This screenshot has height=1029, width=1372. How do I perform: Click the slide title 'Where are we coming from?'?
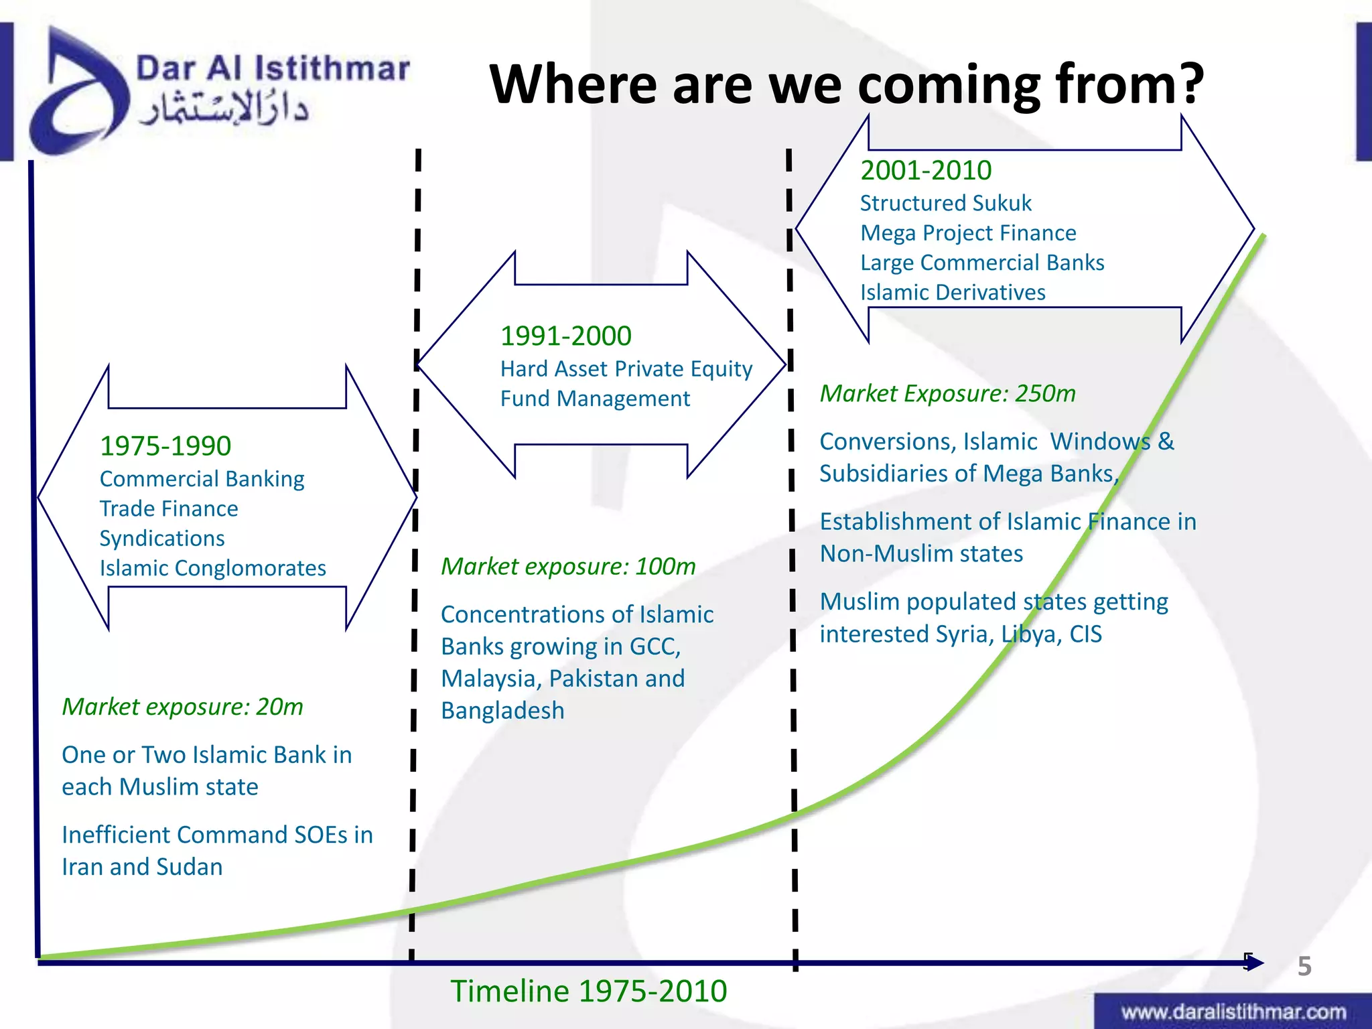tap(847, 84)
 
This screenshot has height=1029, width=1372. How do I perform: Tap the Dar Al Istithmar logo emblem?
tap(77, 94)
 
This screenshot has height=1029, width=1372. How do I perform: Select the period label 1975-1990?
tap(165, 446)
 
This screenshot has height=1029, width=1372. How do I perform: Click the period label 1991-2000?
tap(565, 336)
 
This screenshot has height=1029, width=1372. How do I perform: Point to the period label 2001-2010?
tap(926, 171)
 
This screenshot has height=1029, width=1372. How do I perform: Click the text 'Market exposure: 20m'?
tap(182, 707)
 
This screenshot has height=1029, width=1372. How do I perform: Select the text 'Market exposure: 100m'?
tap(568, 567)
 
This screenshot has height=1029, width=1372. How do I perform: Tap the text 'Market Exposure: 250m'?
tap(947, 394)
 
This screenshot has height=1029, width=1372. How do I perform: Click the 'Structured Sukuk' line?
tap(945, 203)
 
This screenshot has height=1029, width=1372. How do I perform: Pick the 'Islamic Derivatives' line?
tap(953, 293)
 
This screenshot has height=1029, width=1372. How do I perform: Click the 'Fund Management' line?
tap(595, 399)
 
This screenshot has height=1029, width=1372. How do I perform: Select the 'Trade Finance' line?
tap(169, 509)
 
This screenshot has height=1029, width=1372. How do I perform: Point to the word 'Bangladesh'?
tap(502, 711)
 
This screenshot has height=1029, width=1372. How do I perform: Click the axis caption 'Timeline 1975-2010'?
tap(588, 991)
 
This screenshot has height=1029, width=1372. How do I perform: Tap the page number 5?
tap(1304, 966)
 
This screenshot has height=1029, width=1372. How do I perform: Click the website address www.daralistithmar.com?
tap(1233, 1012)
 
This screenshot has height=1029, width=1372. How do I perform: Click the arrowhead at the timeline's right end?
tap(1255, 963)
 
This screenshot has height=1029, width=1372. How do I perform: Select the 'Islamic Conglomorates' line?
tap(212, 569)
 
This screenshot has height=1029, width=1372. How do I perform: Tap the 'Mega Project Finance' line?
tap(968, 233)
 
